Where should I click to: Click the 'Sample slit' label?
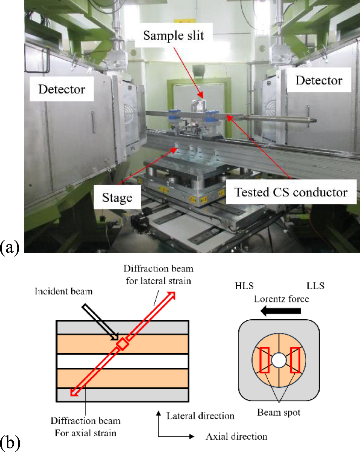pyautogui.click(x=173, y=36)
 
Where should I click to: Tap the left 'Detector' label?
pyautogui.click(x=62, y=89)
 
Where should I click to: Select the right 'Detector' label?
pyautogui.click(x=319, y=80)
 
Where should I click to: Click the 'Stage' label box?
pyautogui.click(x=117, y=198)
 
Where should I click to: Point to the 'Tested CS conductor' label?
pyautogui.click(x=291, y=192)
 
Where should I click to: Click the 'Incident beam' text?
pyautogui.click(x=64, y=291)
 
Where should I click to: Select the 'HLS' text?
pyautogui.click(x=244, y=286)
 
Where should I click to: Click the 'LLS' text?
pyautogui.click(x=315, y=286)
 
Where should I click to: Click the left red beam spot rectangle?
pyautogui.click(x=264, y=360)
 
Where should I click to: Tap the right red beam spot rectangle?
pyautogui.click(x=295, y=360)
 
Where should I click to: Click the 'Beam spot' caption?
pyautogui.click(x=279, y=412)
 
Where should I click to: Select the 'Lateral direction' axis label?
pyautogui.click(x=200, y=416)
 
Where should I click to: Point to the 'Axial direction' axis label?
pyautogui.click(x=236, y=437)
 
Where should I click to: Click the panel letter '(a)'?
pyautogui.click(x=10, y=247)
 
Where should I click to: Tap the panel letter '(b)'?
pyautogui.click(x=10, y=443)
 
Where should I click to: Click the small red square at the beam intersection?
pyautogui.click(x=122, y=344)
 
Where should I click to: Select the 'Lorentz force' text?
pyautogui.click(x=281, y=299)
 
